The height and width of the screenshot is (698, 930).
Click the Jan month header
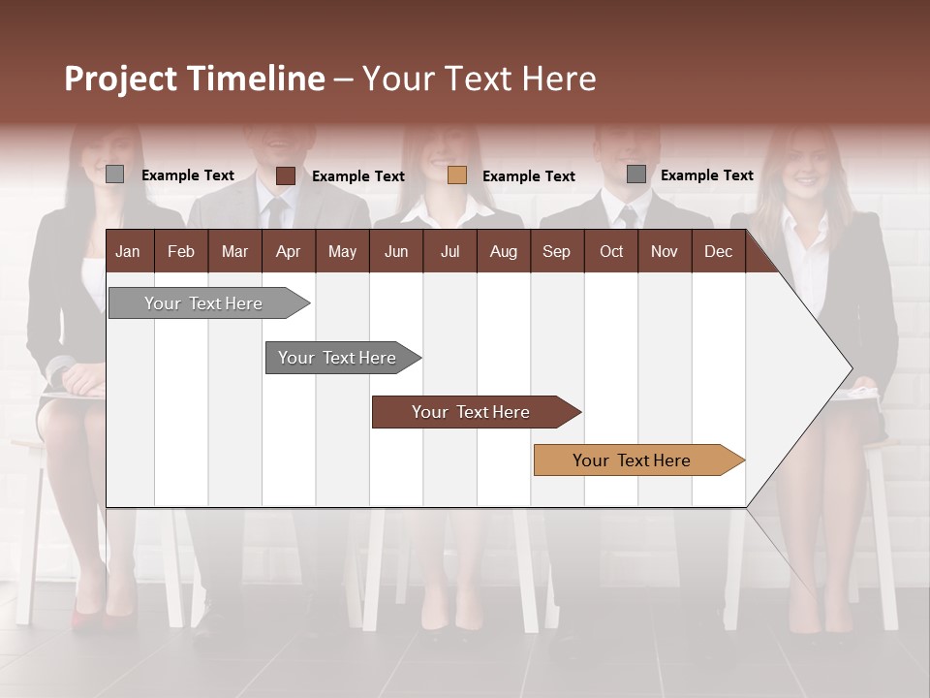[x=129, y=251]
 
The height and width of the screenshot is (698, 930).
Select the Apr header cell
[x=288, y=251]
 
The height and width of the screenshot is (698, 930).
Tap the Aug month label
[x=503, y=251]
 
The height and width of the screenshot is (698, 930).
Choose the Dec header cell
[x=718, y=251]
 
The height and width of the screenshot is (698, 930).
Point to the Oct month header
[x=610, y=251]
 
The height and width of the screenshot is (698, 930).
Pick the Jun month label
[x=395, y=251]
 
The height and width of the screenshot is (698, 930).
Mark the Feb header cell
[x=181, y=251]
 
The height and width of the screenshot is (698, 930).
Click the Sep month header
[x=556, y=251]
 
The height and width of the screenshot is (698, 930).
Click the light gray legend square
[x=115, y=174]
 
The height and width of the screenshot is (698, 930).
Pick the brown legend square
[x=286, y=175]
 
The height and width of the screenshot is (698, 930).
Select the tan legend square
[x=457, y=175]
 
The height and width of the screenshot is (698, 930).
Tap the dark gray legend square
[x=636, y=174]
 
